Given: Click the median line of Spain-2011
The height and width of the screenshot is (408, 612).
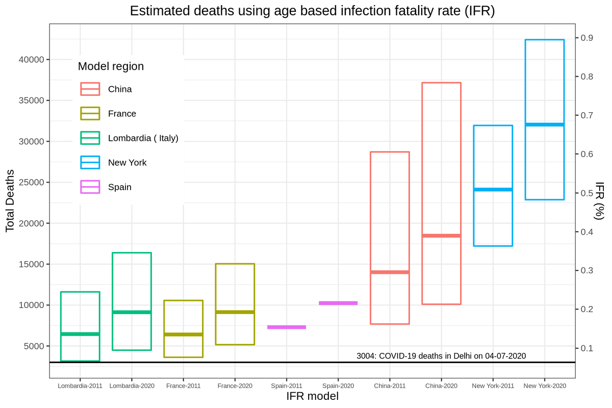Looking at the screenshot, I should tap(287, 327).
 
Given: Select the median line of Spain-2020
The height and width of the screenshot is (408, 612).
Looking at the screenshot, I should tap(338, 303).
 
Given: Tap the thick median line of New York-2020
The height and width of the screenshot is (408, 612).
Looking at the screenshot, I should tap(544, 124).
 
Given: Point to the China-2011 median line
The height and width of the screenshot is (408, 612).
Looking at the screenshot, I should tap(390, 272).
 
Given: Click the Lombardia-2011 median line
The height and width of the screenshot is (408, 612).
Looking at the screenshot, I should tap(80, 334).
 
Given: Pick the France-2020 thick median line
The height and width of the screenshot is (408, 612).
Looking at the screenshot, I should tap(235, 312).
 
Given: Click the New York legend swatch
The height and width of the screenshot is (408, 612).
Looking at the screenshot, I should tap(90, 163).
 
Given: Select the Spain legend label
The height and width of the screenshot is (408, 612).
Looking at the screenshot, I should tap(120, 187).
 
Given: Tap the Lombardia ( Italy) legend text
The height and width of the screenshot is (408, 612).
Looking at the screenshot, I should tap(143, 138).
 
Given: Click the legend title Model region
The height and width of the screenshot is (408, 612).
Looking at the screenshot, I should tap(111, 66).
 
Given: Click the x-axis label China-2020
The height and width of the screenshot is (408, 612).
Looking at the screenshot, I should tap(441, 386).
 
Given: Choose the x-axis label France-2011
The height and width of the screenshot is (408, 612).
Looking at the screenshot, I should tap(183, 386).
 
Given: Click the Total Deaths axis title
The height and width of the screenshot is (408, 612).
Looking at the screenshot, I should tap(10, 201).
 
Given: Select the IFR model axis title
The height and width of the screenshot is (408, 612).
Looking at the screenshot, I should tap(312, 396).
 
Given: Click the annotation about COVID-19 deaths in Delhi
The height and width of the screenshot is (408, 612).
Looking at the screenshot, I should tap(441, 356).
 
